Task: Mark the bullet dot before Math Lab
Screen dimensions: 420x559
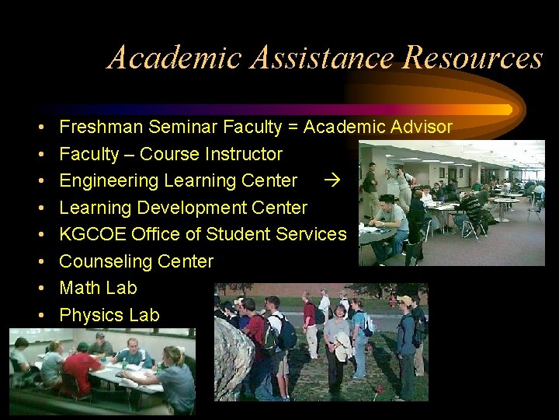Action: (38, 289)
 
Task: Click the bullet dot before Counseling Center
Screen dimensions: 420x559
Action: (38, 261)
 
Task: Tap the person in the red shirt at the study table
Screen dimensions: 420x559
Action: (81, 366)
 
